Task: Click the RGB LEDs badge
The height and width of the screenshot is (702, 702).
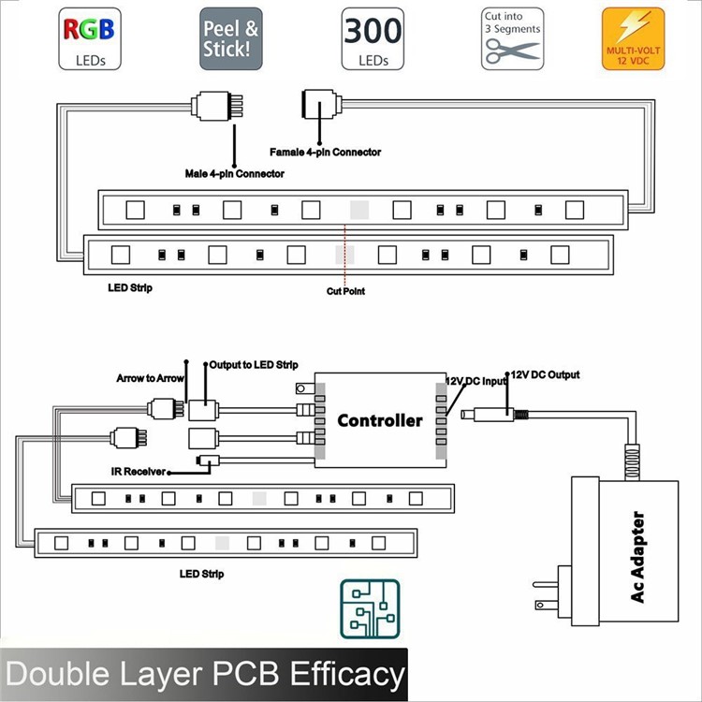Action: pyautogui.click(x=89, y=38)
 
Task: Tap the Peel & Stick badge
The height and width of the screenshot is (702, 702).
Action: pyautogui.click(x=230, y=38)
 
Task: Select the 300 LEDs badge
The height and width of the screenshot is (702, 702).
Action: pyautogui.click(x=373, y=38)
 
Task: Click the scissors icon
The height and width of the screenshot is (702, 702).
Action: pyautogui.click(x=511, y=50)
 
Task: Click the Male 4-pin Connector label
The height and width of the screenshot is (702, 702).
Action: pyautogui.click(x=234, y=174)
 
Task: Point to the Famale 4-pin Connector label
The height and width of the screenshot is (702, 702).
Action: pyautogui.click(x=325, y=152)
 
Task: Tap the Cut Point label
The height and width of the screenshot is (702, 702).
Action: pyautogui.click(x=345, y=291)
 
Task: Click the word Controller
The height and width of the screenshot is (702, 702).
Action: pyautogui.click(x=379, y=420)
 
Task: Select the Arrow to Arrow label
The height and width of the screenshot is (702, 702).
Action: pyautogui.click(x=151, y=379)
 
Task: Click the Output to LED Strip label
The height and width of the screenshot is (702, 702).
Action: pyautogui.click(x=253, y=364)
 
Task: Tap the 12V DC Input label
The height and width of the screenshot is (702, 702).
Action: pyautogui.click(x=475, y=381)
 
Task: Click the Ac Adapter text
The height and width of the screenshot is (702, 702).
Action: pyautogui.click(x=638, y=557)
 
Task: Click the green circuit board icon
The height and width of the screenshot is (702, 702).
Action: pyautogui.click(x=370, y=608)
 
